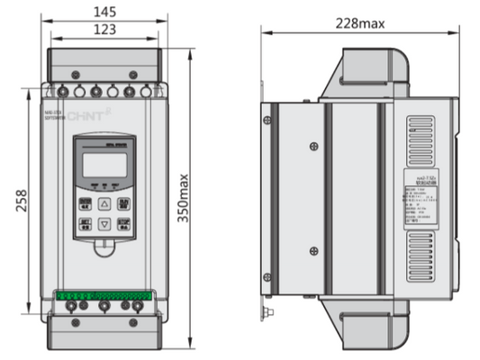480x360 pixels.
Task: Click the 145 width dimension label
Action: [105, 13]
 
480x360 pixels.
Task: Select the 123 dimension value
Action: [105, 30]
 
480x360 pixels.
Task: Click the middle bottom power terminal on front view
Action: [104, 308]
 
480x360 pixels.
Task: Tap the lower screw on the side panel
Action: [313, 249]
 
